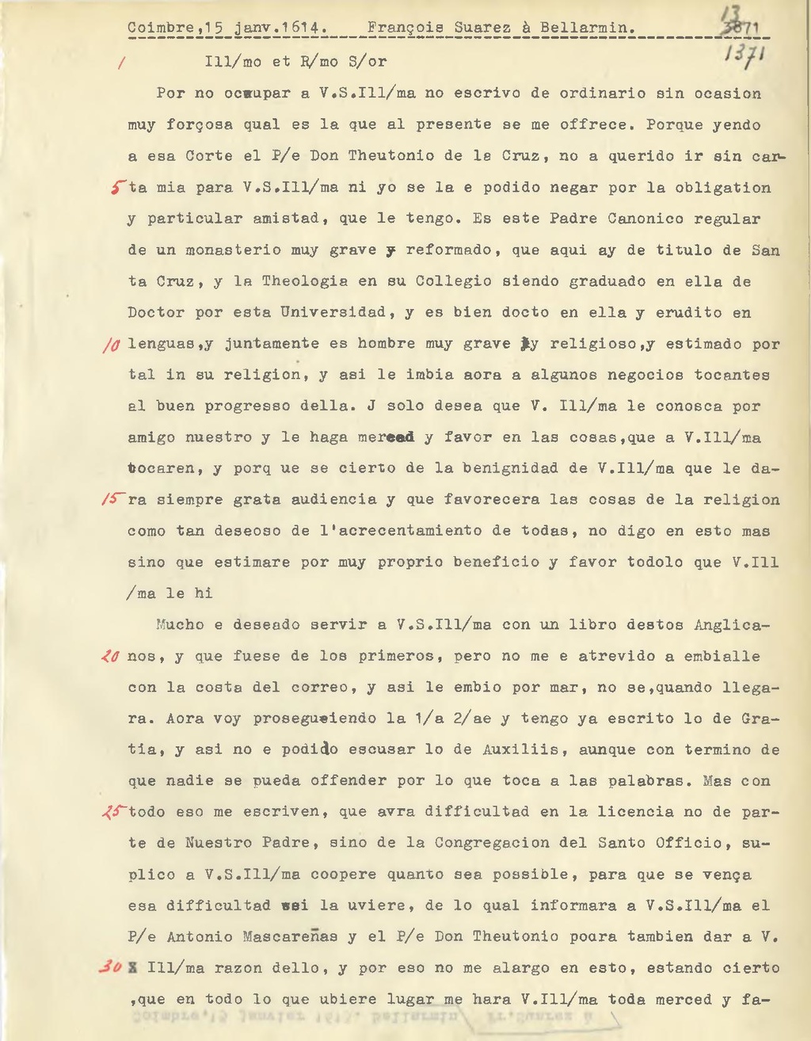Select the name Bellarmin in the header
point(587,28)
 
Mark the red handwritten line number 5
point(117,188)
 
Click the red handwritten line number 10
point(111,345)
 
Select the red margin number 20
point(110,656)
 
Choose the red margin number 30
point(110,967)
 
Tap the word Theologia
point(304,281)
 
